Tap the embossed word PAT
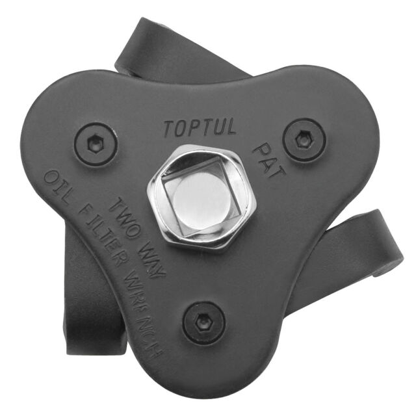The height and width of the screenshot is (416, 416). [x=269, y=161]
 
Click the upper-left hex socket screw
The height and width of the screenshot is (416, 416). [x=96, y=144]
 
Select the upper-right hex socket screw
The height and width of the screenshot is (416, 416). [x=304, y=140]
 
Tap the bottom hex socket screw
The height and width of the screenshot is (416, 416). [x=203, y=323]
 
